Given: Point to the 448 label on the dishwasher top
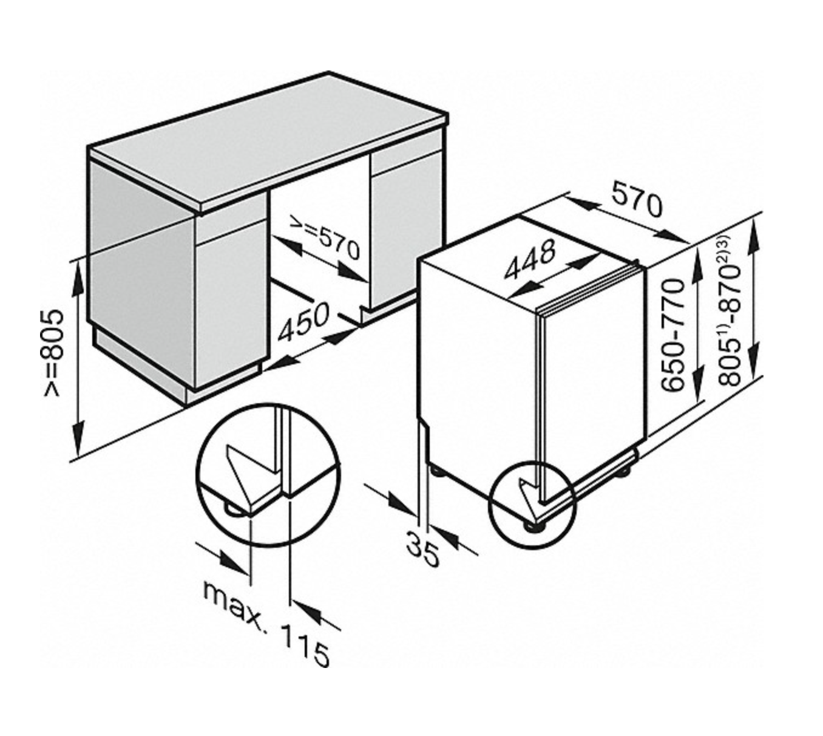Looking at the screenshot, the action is (529, 259).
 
